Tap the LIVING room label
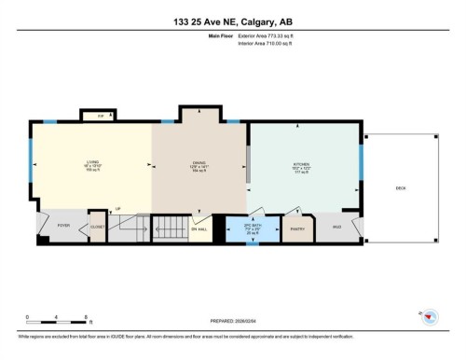point(91,168)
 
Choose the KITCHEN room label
point(303,168)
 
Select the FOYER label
point(63,226)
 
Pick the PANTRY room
point(298,228)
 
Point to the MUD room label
point(336,227)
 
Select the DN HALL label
point(198,228)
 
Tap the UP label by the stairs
point(117,209)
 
